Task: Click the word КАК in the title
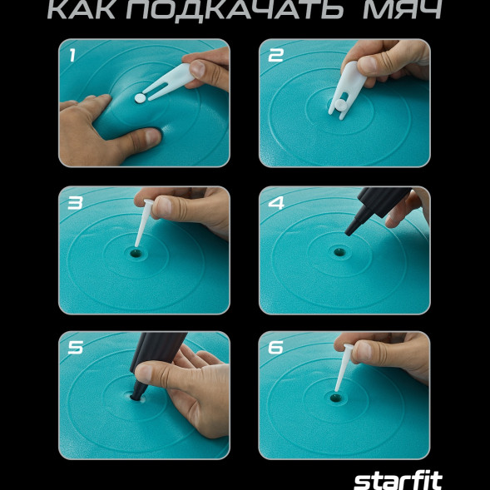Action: coord(85,10)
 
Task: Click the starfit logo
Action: coord(398,480)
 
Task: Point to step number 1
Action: coord(72,56)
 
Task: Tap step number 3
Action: coord(75,202)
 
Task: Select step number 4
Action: coord(276,202)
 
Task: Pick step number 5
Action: coord(75,348)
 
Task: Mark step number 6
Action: coord(276,348)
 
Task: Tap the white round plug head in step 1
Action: coord(140,98)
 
